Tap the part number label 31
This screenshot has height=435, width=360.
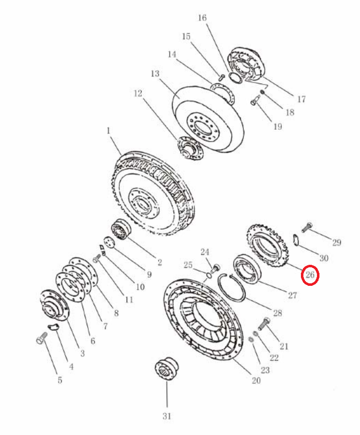[x=167, y=416]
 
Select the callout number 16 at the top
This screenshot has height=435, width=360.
[x=202, y=18]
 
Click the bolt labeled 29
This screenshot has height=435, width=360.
[x=307, y=227]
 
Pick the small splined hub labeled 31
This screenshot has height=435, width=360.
[x=167, y=368]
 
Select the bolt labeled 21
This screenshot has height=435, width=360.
[x=264, y=324]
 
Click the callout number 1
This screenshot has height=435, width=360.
[x=109, y=130]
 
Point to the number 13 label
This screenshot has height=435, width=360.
[x=155, y=74]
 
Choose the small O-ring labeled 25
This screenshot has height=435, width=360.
[x=208, y=275]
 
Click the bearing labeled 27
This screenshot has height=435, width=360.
[x=247, y=268]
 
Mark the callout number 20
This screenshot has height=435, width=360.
[x=256, y=380]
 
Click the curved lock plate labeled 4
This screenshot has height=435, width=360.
[x=53, y=327]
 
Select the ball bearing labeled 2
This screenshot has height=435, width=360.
[x=121, y=230]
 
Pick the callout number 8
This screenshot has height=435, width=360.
[x=116, y=313]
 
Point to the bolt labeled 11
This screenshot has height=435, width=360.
[x=97, y=259]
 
